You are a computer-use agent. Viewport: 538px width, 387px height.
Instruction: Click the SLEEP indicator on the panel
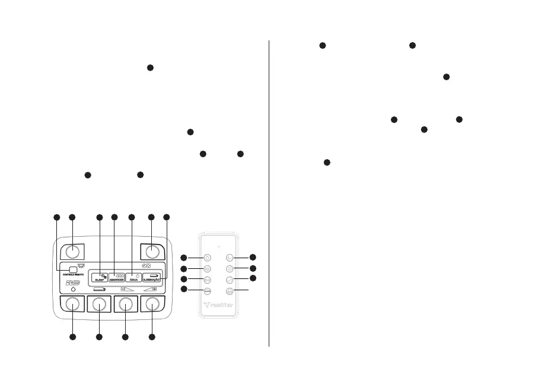click(100, 276)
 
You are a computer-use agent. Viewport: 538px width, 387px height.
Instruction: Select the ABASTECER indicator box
click(117, 276)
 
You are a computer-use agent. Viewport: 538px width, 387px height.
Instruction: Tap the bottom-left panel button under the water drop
click(72, 304)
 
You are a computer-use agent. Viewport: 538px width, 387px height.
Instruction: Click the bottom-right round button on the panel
click(152, 304)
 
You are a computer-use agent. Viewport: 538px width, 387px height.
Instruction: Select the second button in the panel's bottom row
click(99, 304)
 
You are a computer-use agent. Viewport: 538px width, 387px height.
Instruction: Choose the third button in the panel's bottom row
click(125, 304)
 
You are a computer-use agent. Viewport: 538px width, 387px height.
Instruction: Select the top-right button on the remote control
click(230, 258)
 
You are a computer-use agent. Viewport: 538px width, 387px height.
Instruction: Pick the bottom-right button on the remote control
click(230, 291)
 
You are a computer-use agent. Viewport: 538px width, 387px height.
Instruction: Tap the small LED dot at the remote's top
click(218, 245)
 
